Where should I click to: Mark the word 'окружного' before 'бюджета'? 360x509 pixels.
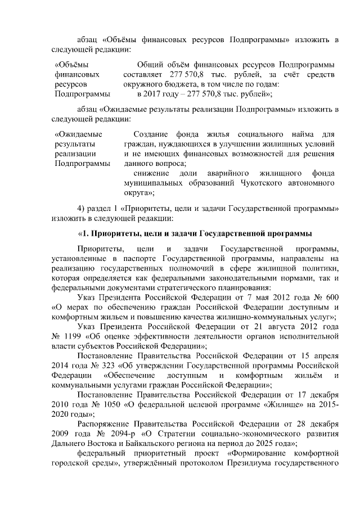click(141, 84)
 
